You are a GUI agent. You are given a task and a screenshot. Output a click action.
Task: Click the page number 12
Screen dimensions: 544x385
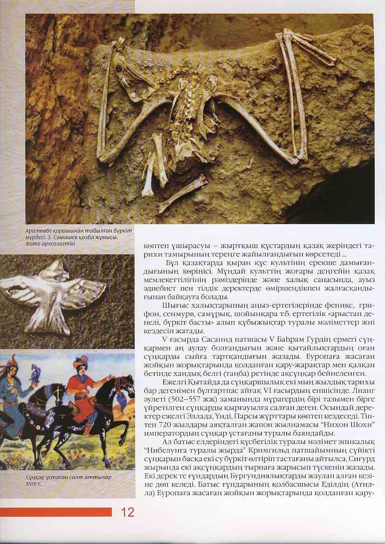point(127,512)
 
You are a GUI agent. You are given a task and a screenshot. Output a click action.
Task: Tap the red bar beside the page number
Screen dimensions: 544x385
point(56,512)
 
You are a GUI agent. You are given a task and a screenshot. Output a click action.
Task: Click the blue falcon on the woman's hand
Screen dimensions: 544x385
point(33,372)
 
